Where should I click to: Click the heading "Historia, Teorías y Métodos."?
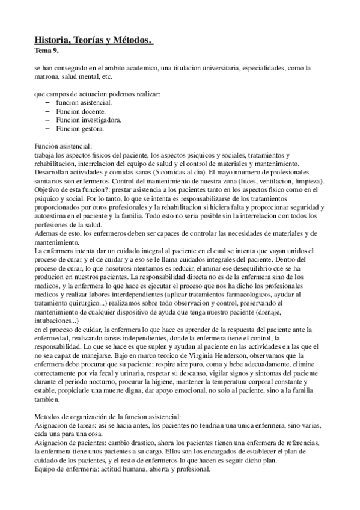pyautogui.click(x=94, y=40)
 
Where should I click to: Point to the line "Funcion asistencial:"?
pyautogui.click(x=64, y=146)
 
